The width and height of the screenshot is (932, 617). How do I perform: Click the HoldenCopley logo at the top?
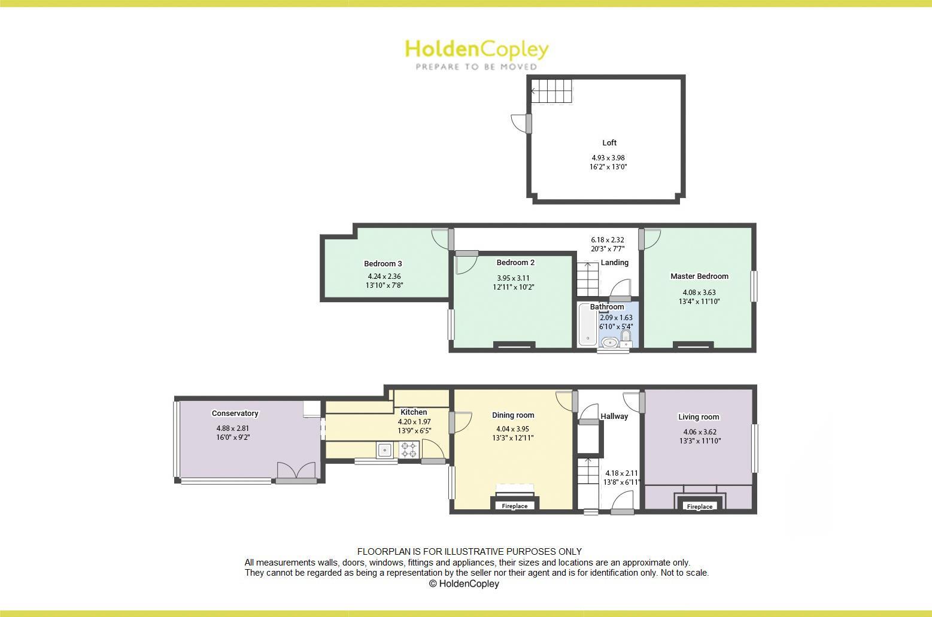pos(476,54)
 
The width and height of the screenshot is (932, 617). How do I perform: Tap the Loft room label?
pos(609,143)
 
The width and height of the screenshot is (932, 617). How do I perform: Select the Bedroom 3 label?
pos(383,264)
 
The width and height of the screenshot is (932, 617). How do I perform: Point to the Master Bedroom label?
pos(699,276)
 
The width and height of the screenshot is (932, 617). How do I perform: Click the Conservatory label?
pos(235,414)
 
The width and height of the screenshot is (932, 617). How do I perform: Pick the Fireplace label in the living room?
pos(699,507)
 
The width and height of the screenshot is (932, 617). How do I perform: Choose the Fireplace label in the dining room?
pos(515,506)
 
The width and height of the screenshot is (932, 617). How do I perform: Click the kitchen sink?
pos(384,450)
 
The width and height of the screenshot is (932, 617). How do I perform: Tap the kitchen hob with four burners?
pos(409,449)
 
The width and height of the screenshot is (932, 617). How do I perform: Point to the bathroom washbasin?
pos(610,342)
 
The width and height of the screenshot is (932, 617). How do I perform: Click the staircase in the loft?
pos(551,92)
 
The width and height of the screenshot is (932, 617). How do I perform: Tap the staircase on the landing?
pos(588,279)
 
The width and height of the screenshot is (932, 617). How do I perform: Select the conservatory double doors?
pos(296,472)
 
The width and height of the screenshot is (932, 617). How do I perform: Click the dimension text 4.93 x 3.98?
pos(608,158)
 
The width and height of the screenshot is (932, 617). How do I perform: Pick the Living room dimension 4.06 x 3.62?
pos(699,432)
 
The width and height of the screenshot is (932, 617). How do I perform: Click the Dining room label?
pos(513,415)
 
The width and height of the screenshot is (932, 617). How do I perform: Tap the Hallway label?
pos(614,417)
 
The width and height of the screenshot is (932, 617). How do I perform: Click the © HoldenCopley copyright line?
pos(464,584)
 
